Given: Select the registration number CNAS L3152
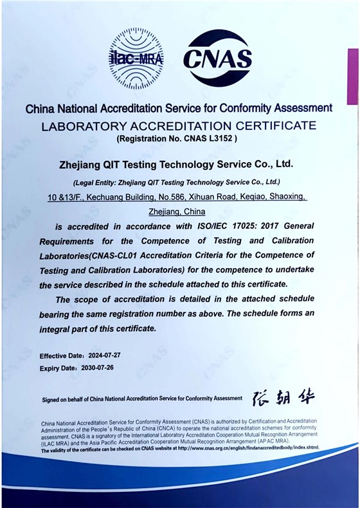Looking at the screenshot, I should (x=208, y=138).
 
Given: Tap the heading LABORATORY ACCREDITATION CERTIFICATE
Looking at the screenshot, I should (x=179, y=125).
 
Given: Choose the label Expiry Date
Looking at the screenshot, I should (x=58, y=368).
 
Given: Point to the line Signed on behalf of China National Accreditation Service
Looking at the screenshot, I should (x=142, y=399).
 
